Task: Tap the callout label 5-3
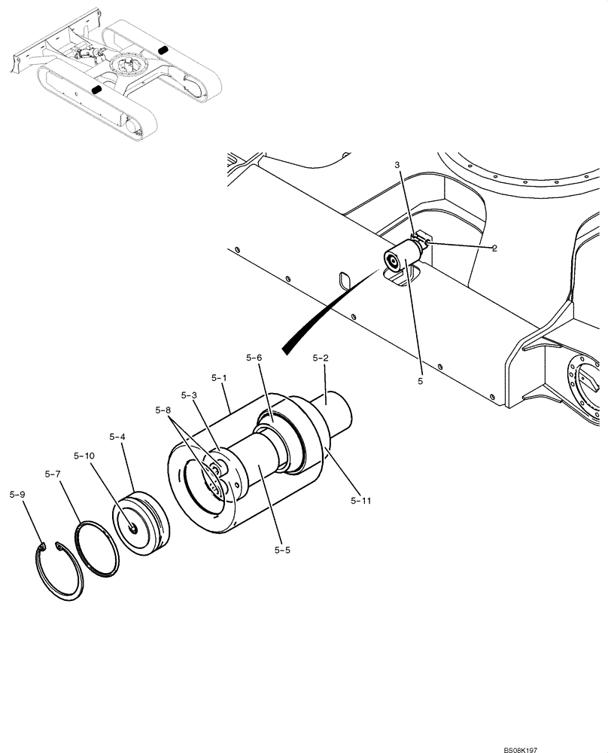pyautogui.click(x=190, y=395)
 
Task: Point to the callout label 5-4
pyautogui.click(x=118, y=436)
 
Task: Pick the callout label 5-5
pyautogui.click(x=283, y=550)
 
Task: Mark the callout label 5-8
pyautogui.click(x=163, y=410)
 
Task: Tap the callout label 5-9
pyautogui.click(x=17, y=495)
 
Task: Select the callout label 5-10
pyautogui.click(x=84, y=456)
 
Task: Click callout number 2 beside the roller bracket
pyautogui.click(x=494, y=248)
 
